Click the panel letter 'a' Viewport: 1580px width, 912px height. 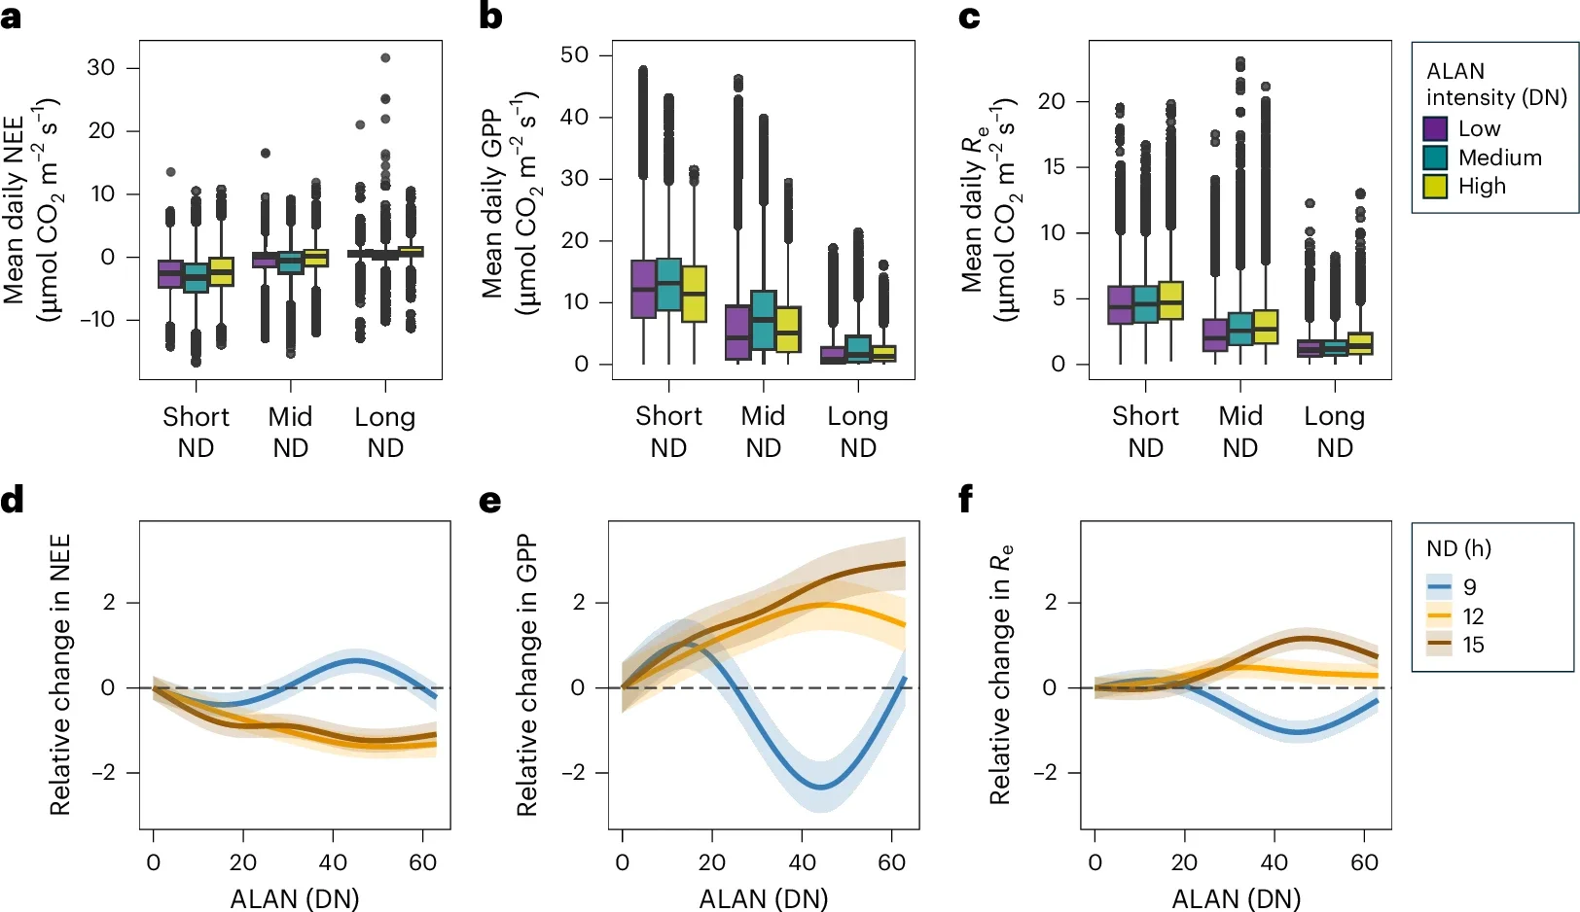tap(11, 18)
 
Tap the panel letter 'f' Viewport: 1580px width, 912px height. tap(965, 500)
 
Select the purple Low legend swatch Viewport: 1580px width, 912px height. tap(1435, 128)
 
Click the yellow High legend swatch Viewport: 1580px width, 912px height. tap(1435, 186)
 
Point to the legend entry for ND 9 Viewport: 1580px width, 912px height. tap(1455, 587)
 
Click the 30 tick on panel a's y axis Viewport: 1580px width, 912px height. tap(100, 68)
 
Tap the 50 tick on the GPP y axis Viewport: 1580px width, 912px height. tap(574, 54)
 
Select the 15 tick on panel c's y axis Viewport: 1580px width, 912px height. tap(1054, 166)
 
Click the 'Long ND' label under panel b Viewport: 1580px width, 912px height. tap(857, 432)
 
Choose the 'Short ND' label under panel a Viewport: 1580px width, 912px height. tap(196, 432)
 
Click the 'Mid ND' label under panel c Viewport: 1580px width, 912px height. tap(1240, 432)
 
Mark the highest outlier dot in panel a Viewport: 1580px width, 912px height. tap(385, 58)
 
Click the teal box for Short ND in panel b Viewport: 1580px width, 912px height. tap(668, 284)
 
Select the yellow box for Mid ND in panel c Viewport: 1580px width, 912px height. tap(1266, 327)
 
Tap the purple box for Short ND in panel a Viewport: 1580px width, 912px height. tap(170, 274)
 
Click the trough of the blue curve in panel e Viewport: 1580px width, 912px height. tap(820, 787)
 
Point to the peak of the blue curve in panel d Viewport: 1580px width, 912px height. tap(356, 661)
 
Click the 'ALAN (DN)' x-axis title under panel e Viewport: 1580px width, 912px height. tap(764, 898)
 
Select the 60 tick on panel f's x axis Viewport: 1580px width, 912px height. tap(1364, 862)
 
